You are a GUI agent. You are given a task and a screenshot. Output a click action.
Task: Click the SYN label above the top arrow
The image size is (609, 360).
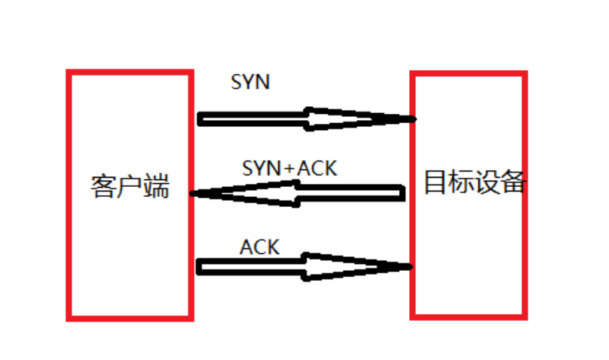(x=250, y=82)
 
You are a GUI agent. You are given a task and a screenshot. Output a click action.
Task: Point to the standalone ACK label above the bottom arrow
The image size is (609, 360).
(x=259, y=247)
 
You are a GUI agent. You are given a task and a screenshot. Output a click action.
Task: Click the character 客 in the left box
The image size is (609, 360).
(x=103, y=187)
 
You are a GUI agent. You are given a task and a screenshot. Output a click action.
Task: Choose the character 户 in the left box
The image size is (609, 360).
(x=129, y=187)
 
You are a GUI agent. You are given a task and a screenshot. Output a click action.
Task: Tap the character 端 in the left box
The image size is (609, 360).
(x=155, y=187)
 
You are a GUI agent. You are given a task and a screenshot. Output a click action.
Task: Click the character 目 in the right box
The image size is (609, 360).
(x=436, y=182)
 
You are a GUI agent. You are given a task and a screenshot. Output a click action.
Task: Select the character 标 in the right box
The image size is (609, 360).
(x=462, y=182)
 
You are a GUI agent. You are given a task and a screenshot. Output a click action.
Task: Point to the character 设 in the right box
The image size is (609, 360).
(x=488, y=182)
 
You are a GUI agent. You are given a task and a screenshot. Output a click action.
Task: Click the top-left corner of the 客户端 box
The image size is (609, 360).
(x=69, y=73)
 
